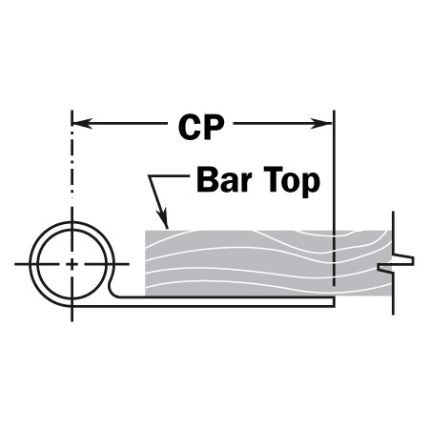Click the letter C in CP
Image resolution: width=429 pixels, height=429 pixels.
pyautogui.click(x=190, y=128)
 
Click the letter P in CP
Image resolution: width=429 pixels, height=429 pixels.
pyautogui.click(x=214, y=128)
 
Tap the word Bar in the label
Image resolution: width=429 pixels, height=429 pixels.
pyautogui.click(x=224, y=180)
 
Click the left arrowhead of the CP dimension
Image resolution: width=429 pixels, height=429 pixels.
pyautogui.click(x=82, y=123)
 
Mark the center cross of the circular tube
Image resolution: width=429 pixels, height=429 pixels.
pyautogui.click(x=72, y=264)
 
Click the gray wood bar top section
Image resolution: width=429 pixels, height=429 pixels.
pyautogui.click(x=268, y=263)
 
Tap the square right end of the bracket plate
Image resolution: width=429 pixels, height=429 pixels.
pyautogui.click(x=334, y=302)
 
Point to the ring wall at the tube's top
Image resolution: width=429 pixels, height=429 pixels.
pyautogui.click(x=72, y=225)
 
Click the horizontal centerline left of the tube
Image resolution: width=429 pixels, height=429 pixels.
pyautogui.click(x=26, y=264)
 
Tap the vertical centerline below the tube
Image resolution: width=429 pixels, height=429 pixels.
pyautogui.click(x=72, y=314)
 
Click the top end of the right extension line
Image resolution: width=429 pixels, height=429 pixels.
pyautogui.click(x=334, y=111)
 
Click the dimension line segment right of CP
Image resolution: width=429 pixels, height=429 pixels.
pyautogui.click(x=282, y=123)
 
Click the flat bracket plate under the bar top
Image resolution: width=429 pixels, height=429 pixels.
pyautogui.click(x=222, y=302)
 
